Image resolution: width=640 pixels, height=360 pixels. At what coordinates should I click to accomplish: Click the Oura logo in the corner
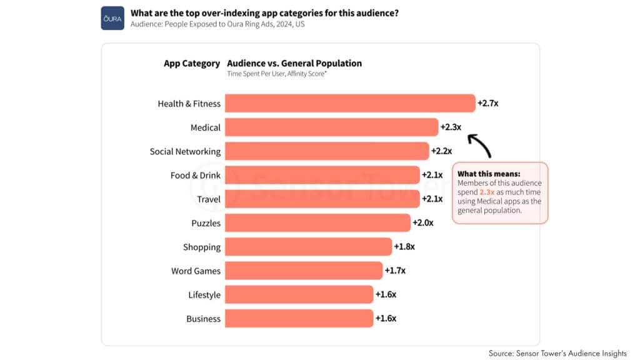112,18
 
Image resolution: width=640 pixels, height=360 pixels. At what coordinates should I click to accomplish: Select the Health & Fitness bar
350,103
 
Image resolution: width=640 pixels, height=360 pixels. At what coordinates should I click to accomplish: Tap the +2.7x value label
487,103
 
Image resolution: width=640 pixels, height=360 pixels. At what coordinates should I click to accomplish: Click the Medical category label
206,127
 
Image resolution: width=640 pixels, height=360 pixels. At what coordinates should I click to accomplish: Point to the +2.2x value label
441,151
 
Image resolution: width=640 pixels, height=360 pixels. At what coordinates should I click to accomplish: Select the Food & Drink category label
196,176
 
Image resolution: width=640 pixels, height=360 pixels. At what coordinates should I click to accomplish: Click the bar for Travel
322,199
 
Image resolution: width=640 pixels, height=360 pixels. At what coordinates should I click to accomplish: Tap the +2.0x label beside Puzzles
422,223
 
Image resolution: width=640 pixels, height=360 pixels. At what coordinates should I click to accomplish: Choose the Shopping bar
308,247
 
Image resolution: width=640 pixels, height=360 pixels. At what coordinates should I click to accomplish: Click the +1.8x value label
404,247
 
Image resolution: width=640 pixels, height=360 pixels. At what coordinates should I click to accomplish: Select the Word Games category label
196,271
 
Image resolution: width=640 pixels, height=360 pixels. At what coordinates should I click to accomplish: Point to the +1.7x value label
394,271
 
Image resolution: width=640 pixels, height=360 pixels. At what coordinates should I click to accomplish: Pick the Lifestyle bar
299,294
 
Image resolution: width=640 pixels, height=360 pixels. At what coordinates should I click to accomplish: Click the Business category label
203,319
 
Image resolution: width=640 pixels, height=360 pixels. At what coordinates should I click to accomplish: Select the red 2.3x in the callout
487,192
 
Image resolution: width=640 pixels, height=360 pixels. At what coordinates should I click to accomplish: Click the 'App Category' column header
192,63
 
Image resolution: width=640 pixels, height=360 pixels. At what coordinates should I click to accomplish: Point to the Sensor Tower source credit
557,353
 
